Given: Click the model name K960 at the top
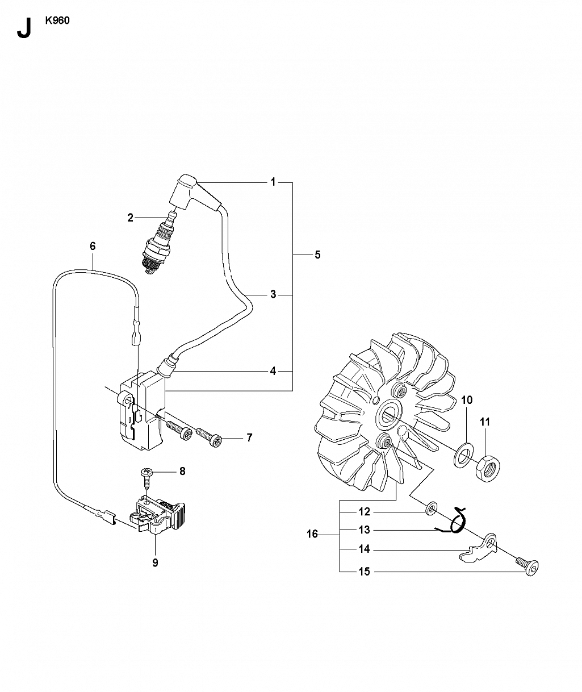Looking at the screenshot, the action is tap(57, 20).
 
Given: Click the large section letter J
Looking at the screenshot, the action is tap(24, 28).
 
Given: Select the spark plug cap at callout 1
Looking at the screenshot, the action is tap(193, 193).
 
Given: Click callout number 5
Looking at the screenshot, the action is tap(317, 255).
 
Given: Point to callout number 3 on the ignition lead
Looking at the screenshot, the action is tap(273, 294).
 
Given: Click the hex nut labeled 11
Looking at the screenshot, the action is tap(488, 468).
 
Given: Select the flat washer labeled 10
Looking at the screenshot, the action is tap(463, 455).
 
